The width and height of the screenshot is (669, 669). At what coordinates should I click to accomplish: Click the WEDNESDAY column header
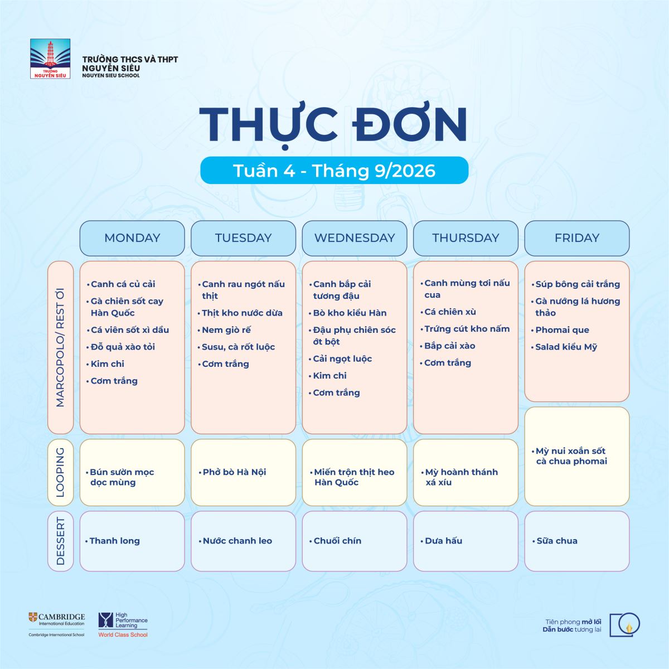(355, 238)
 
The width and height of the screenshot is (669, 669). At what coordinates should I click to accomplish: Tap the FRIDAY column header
(576, 238)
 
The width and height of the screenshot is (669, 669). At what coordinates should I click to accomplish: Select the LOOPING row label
(60, 473)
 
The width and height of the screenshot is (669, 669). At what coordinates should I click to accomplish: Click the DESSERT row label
(60, 541)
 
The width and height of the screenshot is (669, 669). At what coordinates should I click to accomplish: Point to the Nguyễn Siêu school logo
(50, 59)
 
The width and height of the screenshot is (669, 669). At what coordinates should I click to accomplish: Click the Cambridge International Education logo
(57, 629)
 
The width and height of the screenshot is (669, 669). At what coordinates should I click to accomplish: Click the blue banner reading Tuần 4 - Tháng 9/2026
(334, 171)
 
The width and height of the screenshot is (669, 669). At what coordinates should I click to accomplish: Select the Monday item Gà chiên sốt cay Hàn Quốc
(127, 307)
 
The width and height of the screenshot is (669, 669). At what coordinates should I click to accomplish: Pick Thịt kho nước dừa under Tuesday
(242, 313)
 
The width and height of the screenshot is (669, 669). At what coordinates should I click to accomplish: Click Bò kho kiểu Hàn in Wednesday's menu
(350, 313)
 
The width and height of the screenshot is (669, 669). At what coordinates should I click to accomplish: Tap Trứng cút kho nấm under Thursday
(467, 329)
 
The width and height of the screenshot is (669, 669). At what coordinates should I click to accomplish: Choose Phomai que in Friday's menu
(562, 330)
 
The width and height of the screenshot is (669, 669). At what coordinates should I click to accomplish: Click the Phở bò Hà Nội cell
(244, 473)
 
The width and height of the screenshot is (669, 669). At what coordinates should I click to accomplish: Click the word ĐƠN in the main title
(410, 124)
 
